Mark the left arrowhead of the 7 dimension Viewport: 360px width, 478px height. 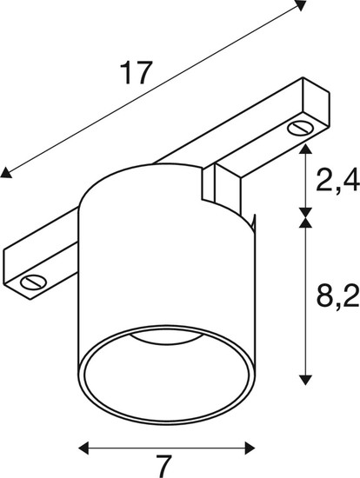pyautogui.click(x=84, y=448)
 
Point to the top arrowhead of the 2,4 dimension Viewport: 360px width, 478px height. pyautogui.click(x=305, y=150)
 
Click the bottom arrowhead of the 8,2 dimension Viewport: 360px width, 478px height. pyautogui.click(x=305, y=379)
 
